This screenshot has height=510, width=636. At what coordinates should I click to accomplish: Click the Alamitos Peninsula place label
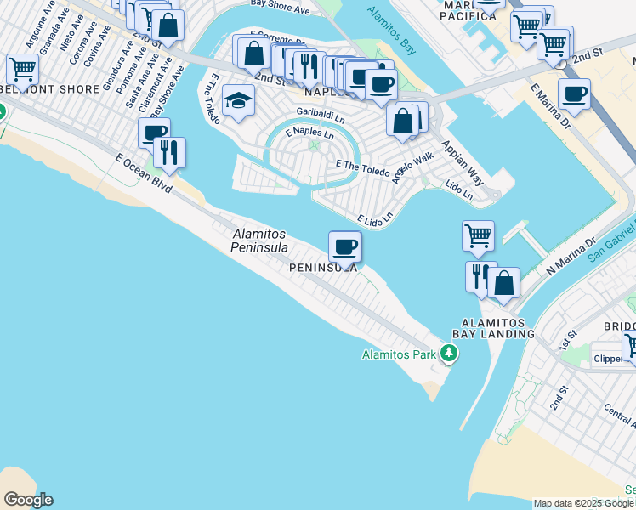pyautogui.click(x=258, y=241)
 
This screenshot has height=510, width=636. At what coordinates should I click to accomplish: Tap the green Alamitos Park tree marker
pyautogui.click(x=448, y=354)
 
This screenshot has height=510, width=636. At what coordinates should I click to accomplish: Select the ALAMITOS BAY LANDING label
pyautogui.click(x=498, y=328)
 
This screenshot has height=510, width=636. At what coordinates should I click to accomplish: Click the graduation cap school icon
pyautogui.click(x=239, y=102)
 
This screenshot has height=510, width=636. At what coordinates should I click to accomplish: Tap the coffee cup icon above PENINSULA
pyautogui.click(x=344, y=247)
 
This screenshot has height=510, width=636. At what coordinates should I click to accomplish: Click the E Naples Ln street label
pyautogui.click(x=309, y=133)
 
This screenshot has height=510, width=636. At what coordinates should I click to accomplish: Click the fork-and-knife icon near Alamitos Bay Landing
pyautogui.click(x=480, y=275)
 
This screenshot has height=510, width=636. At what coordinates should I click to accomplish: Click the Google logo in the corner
pyautogui.click(x=28, y=500)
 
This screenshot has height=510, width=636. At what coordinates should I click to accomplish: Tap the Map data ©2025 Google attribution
pyautogui.click(x=583, y=503)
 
